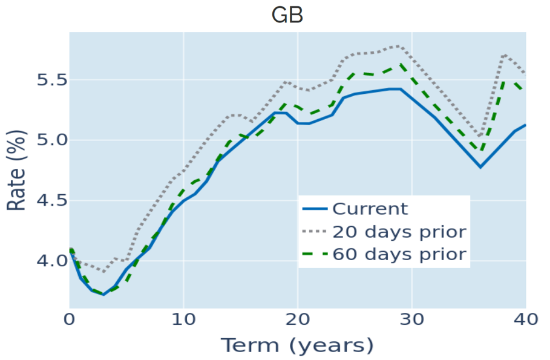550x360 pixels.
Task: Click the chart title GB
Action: [x=287, y=16]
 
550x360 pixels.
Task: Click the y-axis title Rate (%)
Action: [x=16, y=171]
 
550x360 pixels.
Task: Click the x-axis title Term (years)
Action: [x=297, y=345]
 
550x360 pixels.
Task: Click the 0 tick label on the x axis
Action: [x=70, y=319]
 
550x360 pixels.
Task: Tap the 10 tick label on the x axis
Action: [x=183, y=319]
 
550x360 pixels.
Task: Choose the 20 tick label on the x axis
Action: [x=298, y=319]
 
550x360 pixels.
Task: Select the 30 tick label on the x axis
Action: [x=411, y=319]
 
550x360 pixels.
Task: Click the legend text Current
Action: [x=370, y=209]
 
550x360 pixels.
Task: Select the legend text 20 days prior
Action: [x=399, y=232]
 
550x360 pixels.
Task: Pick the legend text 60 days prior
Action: [x=399, y=254]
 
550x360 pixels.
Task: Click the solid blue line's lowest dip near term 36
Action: [x=480, y=166]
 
